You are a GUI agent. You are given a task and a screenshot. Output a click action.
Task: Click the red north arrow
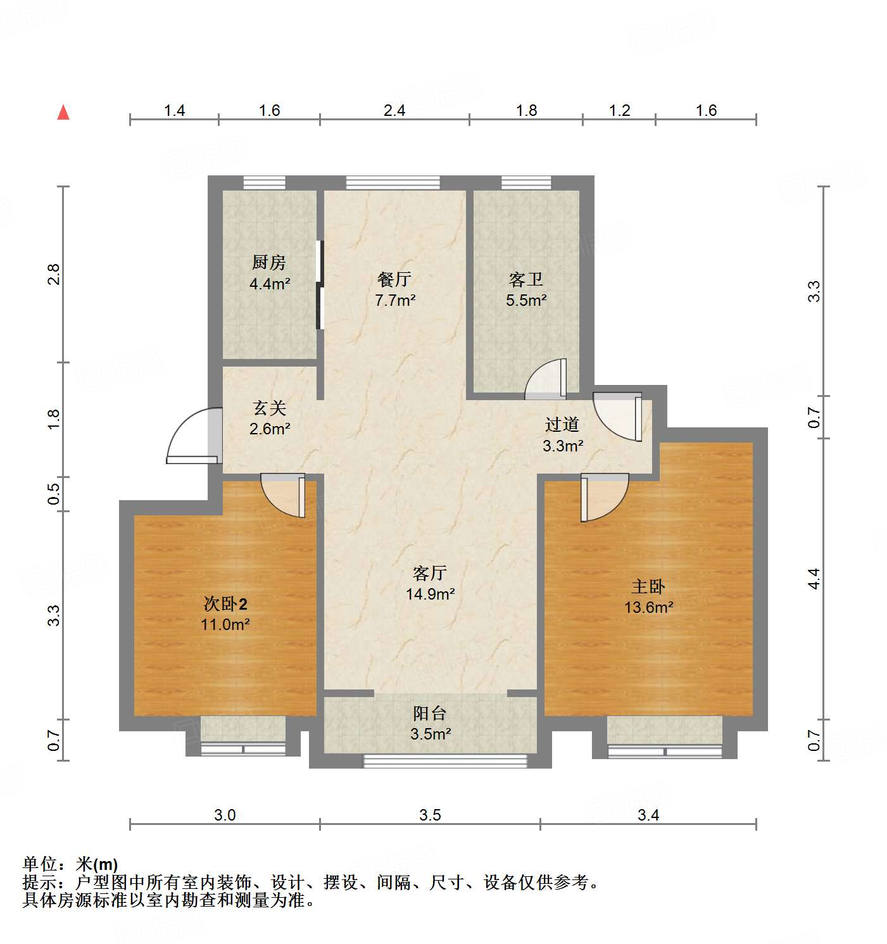tap(63, 112)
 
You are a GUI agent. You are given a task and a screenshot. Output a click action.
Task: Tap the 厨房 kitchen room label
tap(269, 262)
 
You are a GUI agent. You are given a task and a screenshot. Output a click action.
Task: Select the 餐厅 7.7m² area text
tap(395, 300)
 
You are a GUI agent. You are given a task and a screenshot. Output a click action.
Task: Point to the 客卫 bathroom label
tap(526, 279)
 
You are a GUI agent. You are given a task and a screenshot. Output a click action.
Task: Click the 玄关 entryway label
tap(270, 408)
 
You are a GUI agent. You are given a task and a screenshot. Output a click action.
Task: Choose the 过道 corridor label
tap(562, 424)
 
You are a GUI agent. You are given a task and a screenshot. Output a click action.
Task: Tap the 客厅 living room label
tap(430, 573)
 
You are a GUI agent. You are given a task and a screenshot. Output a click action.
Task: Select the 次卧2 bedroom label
tap(225, 603)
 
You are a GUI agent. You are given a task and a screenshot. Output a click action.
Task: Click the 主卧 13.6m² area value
tap(648, 607)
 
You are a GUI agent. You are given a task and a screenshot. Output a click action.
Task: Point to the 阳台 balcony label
tap(430, 714)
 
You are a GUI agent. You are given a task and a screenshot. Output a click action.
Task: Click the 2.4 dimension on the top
tap(394, 110)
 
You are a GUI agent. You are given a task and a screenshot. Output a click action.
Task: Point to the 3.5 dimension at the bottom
tap(430, 815)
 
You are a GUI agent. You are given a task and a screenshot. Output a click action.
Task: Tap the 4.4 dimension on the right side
tap(814, 579)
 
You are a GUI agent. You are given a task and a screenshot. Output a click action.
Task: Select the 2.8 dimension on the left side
tap(54, 274)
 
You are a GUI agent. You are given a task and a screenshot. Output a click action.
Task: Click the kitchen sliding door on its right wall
tap(320, 284)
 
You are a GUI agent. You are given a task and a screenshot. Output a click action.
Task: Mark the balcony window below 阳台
tap(445, 760)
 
